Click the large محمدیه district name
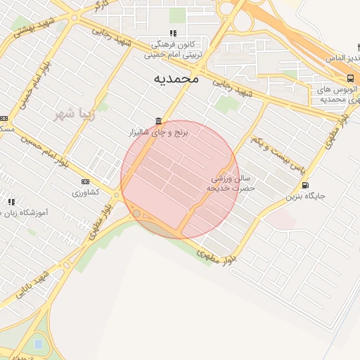176,79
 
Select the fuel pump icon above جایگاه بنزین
304,186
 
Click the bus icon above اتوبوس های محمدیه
349,78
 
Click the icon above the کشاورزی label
85,181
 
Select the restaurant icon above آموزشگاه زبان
11,202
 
